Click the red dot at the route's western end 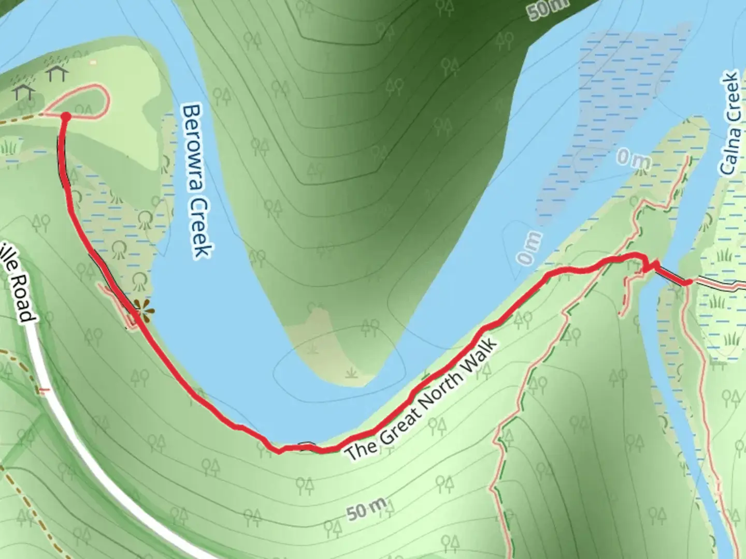(66, 117)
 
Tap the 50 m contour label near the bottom (367, 509)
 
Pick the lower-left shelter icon (24, 92)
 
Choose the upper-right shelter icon (56, 73)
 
